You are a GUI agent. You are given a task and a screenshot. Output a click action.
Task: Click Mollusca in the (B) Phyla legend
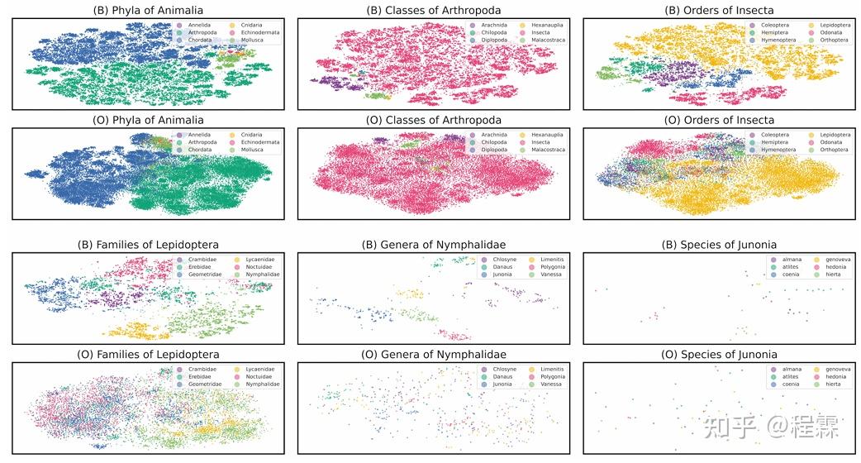[x=253, y=40]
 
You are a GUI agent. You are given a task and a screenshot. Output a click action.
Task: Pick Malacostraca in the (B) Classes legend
[x=549, y=40]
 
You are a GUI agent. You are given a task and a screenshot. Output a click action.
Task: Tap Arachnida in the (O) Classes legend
[x=494, y=135]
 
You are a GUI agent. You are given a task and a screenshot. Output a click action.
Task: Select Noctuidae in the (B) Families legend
[x=259, y=267]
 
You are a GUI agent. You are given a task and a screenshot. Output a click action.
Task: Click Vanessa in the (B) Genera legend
[x=551, y=274]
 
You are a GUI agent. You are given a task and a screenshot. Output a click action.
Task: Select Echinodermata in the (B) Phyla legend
[x=259, y=32]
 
